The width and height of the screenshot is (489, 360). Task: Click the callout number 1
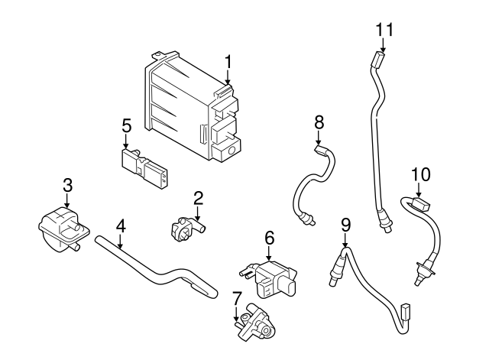click(x=227, y=60)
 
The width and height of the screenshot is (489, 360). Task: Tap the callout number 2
click(x=198, y=199)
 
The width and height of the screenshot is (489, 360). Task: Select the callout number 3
click(x=67, y=184)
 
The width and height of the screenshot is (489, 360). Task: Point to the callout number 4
click(x=120, y=225)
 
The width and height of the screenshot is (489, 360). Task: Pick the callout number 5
click(x=127, y=124)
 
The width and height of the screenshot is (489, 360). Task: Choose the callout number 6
click(x=269, y=238)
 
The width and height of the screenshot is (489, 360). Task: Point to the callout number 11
click(x=383, y=29)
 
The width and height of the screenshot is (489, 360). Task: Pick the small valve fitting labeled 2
click(x=185, y=229)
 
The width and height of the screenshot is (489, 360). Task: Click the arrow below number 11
click(x=383, y=46)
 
